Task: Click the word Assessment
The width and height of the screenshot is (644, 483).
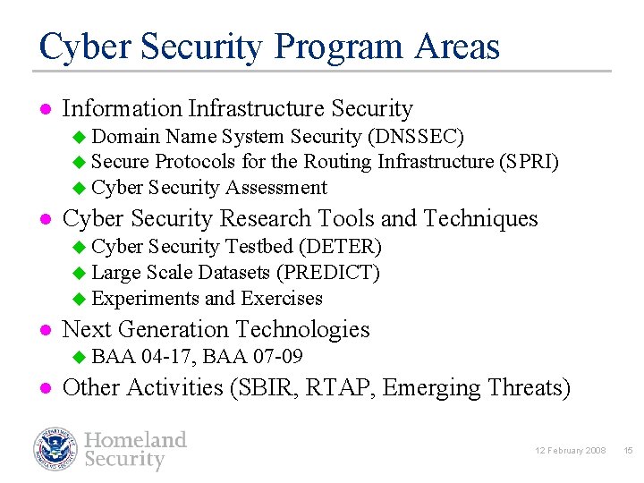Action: click(x=276, y=188)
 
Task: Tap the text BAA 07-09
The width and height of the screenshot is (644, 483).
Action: click(x=252, y=357)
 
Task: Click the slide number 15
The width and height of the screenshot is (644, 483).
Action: click(x=627, y=450)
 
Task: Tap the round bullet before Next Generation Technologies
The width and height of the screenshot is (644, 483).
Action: click(x=46, y=331)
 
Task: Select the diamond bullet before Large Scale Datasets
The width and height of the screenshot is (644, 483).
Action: click(x=79, y=272)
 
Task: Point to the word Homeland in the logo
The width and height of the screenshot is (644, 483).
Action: click(x=136, y=439)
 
